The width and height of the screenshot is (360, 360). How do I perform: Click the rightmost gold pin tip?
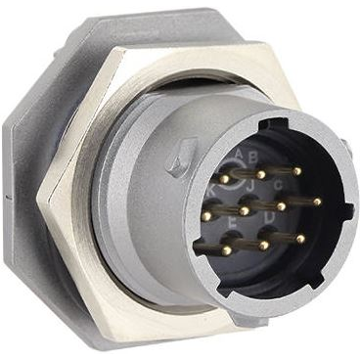tap(318, 202)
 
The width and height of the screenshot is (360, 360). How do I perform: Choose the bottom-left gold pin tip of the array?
tap(227, 250)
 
